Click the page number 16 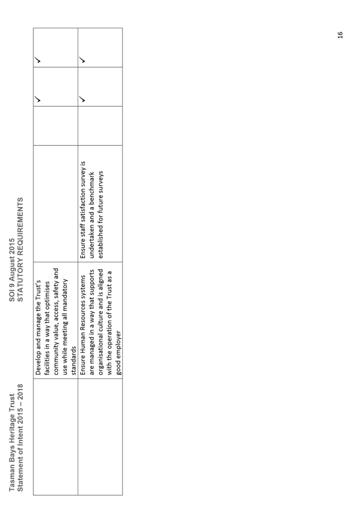tap(340, 34)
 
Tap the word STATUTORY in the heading tap(20, 284)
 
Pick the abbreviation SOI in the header tap(12, 296)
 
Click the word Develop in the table tap(38, 364)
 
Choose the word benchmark tap(92, 186)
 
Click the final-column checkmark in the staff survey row tap(82, 60)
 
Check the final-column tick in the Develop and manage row tap(38, 60)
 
